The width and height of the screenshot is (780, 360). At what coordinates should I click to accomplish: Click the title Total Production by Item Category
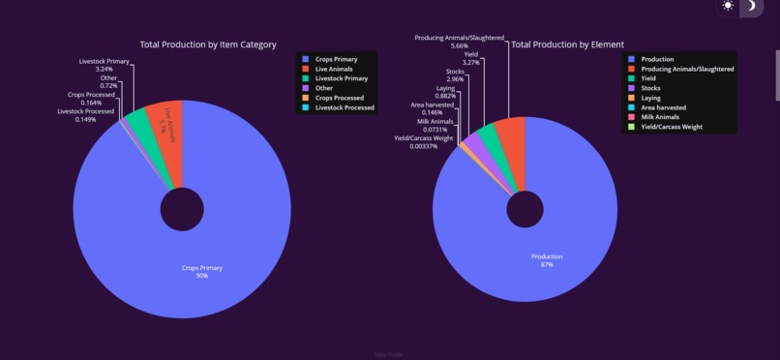coord(208,45)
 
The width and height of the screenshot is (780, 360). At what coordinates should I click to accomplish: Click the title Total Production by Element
coord(567,45)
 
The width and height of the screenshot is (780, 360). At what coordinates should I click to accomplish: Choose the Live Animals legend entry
coord(335,69)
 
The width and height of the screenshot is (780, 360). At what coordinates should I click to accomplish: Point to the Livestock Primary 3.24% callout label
coord(104,66)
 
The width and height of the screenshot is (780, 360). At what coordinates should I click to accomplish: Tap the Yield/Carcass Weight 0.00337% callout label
coord(424,142)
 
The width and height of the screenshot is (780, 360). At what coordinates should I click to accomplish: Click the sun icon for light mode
coord(728,7)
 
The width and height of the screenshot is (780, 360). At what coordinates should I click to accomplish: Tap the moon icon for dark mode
coord(752,7)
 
